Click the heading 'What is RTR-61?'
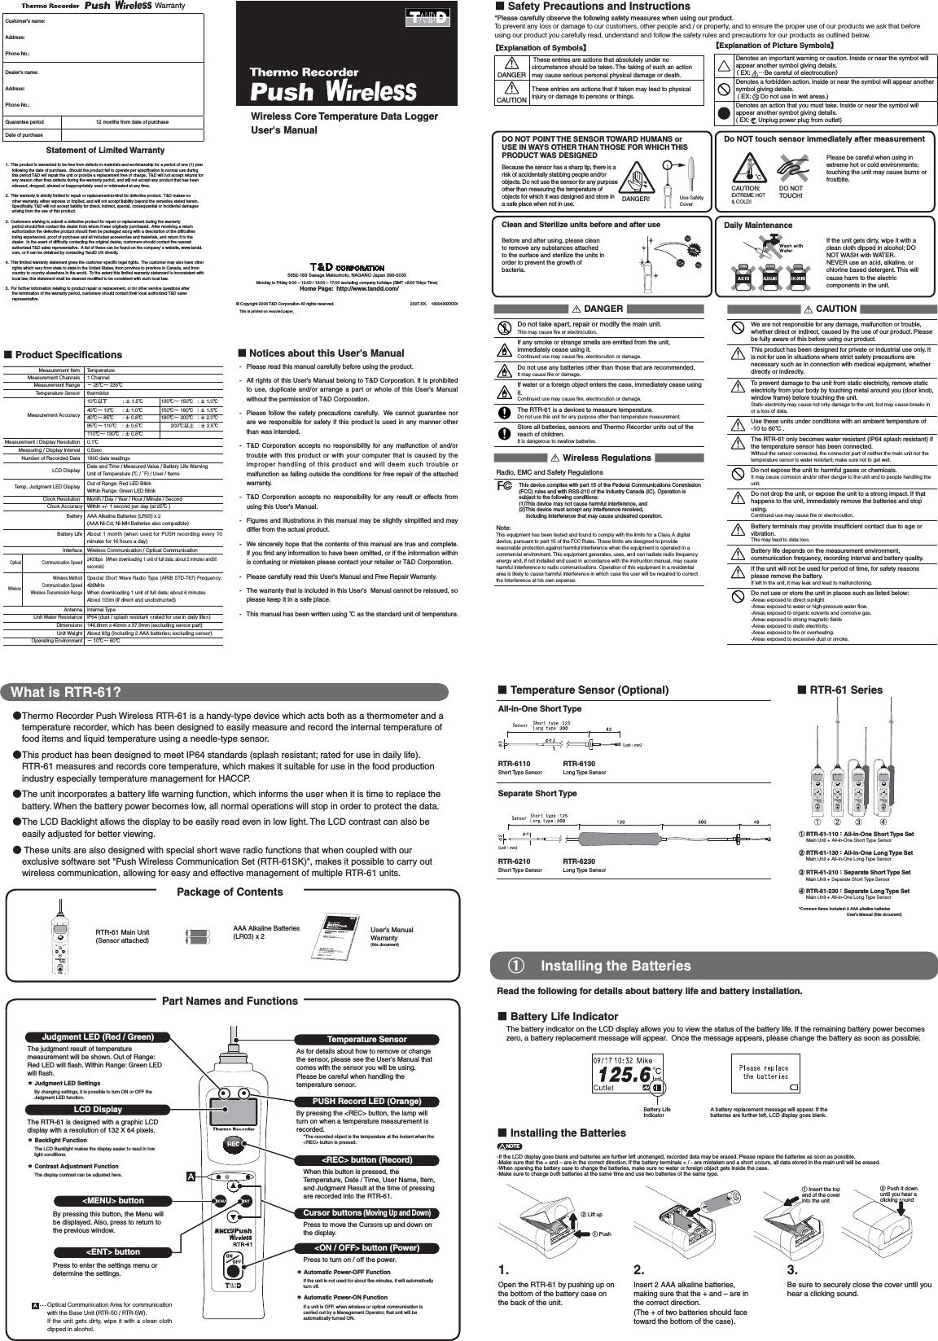67,692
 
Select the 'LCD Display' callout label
98,1109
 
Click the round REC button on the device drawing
232,1143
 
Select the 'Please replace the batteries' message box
762,1071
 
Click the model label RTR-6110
514,764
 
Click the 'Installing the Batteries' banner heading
615,966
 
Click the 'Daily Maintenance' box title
757,225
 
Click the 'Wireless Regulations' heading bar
607,458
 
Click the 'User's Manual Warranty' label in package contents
392,933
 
